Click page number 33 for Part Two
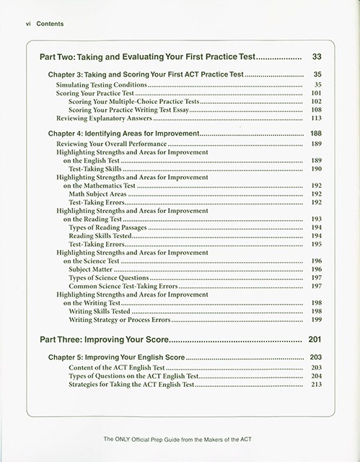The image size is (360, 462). (x=316, y=56)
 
